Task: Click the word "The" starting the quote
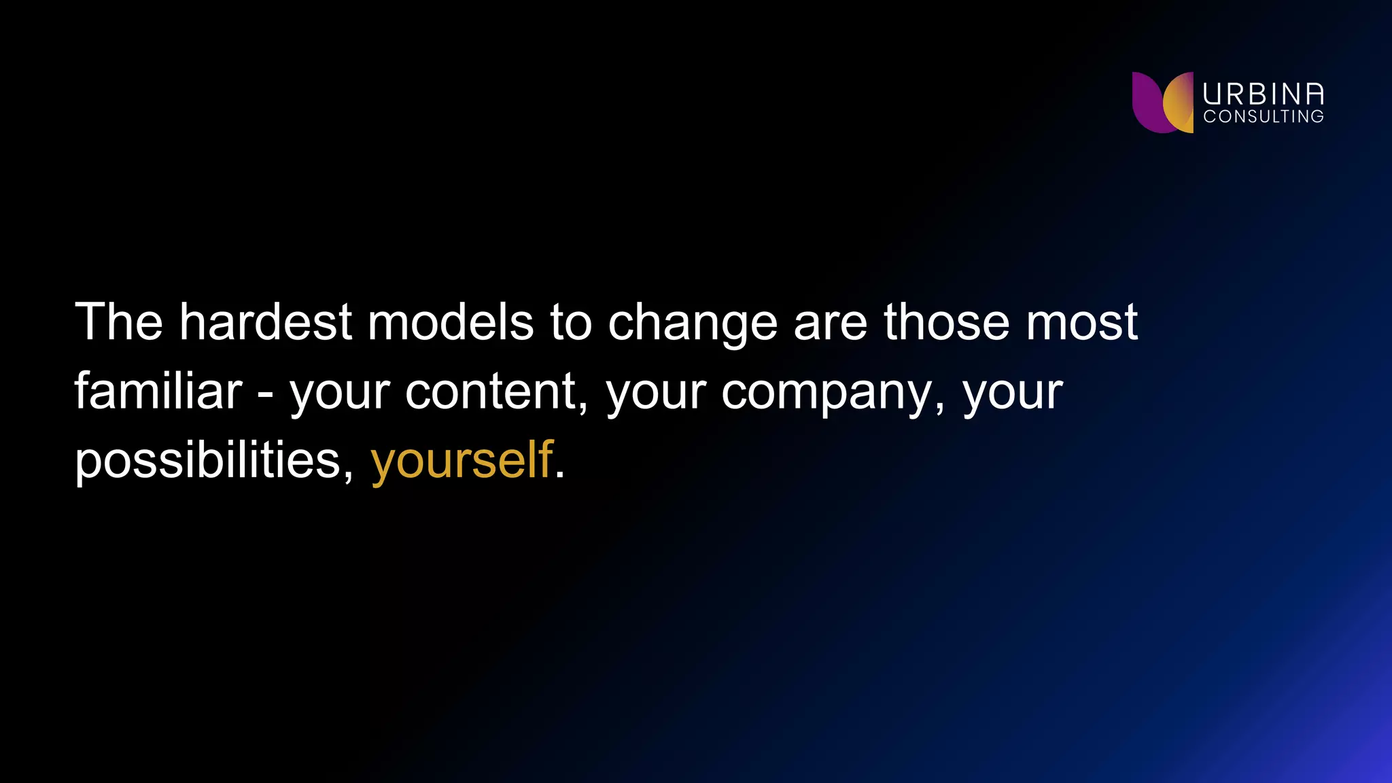(x=118, y=321)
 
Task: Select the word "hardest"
(x=266, y=321)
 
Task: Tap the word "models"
(x=451, y=321)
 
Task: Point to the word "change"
(x=692, y=323)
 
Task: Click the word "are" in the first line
(x=830, y=323)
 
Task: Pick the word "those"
(x=946, y=321)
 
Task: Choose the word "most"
(x=1081, y=321)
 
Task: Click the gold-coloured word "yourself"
(x=462, y=460)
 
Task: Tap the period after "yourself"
(x=559, y=474)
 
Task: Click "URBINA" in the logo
(x=1263, y=94)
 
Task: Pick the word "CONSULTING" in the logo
(x=1263, y=117)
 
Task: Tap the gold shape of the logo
(x=1180, y=103)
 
